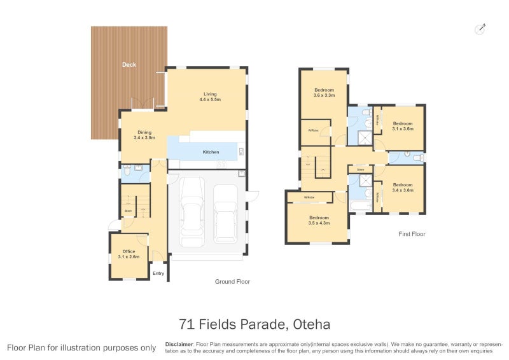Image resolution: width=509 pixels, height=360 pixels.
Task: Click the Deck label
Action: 129,65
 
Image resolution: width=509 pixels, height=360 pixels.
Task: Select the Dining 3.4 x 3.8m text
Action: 144,135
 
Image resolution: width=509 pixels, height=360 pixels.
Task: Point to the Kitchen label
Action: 211,152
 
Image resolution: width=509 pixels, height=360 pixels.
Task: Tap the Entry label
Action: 158,273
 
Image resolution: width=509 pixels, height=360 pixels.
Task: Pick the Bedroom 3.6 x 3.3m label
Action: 324,93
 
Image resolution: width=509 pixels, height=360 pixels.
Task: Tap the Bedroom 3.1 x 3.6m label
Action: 402,126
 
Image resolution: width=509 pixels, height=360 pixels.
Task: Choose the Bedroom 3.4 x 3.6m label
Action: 403,187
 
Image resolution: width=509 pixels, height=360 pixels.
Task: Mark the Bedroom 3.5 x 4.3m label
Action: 319,220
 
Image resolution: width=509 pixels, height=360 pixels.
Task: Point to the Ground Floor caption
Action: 232,281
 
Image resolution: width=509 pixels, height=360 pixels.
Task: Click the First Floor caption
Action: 411,234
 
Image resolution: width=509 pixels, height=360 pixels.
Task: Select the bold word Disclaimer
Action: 179,343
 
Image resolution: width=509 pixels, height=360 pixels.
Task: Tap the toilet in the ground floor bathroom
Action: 127,170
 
